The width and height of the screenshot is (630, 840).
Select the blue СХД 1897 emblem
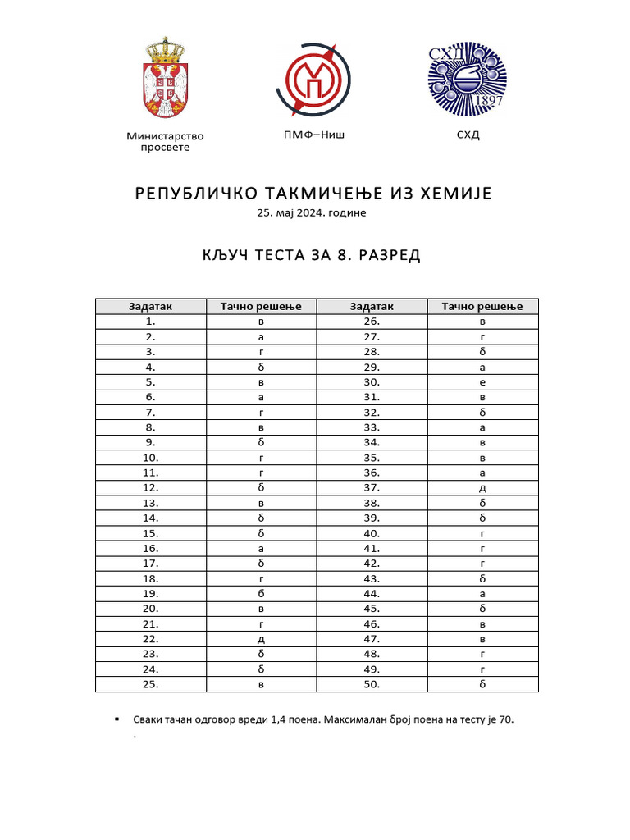(468, 80)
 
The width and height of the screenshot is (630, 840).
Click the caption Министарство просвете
(164, 141)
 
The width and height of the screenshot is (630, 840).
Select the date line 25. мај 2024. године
(311, 213)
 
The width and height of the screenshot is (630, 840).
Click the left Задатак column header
(150, 306)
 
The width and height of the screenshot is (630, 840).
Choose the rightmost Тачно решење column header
(482, 306)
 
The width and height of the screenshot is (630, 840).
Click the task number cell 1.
(150, 322)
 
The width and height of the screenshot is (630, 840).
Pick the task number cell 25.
(150, 684)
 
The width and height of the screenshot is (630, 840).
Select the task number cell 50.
(372, 684)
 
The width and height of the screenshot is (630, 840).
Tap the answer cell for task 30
(482, 382)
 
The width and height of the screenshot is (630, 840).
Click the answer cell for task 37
(482, 488)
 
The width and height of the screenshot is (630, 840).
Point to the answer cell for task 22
(261, 639)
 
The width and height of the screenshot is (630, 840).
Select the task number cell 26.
(372, 322)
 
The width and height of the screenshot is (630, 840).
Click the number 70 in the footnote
(505, 719)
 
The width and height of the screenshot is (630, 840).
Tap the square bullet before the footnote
(116, 719)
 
